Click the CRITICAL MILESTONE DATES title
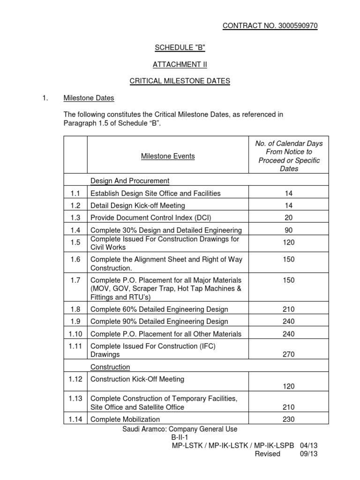pyautogui.click(x=180, y=81)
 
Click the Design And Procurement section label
pyautogui.click(x=130, y=180)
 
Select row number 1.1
pyautogui.click(x=75, y=193)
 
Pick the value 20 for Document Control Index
pyautogui.click(x=289, y=217)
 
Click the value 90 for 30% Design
pyautogui.click(x=289, y=230)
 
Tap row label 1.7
pyautogui.click(x=75, y=280)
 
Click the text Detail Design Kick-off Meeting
pyautogui.click(x=138, y=205)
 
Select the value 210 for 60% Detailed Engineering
pyautogui.click(x=289, y=309)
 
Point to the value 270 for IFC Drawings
pyautogui.click(x=289, y=354)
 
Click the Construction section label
pyautogui.click(x=110, y=367)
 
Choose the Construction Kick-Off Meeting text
pyautogui.click(x=137, y=379)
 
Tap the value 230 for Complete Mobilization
pyautogui.click(x=289, y=419)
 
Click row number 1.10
pyautogui.click(x=75, y=334)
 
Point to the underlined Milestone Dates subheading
pyautogui.click(x=89, y=98)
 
